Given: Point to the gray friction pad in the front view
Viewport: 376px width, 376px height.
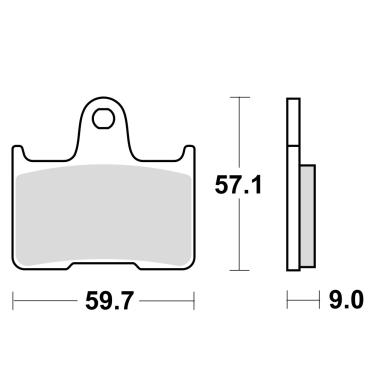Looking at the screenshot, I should pyautogui.click(x=101, y=215).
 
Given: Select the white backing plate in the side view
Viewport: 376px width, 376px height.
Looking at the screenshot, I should pyautogui.click(x=292, y=185).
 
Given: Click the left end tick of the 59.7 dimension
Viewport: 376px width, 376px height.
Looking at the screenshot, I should pyautogui.click(x=12, y=299).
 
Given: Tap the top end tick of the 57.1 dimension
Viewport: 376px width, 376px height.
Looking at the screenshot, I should pyautogui.click(x=238, y=97).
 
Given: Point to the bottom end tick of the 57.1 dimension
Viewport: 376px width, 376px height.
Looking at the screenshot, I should pyautogui.click(x=238, y=271).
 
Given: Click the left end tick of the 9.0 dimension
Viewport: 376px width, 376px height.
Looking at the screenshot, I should pyautogui.click(x=287, y=299).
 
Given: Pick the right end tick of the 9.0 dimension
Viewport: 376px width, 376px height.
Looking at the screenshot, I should pyautogui.click(x=315, y=299).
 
